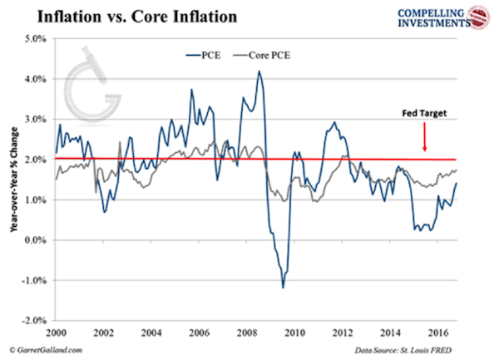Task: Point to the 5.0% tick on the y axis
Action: [x=35, y=38]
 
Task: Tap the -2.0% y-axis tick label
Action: [x=33, y=320]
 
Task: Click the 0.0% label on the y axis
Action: [x=35, y=239]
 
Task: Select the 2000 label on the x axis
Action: [x=56, y=333]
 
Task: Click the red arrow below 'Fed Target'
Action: [x=425, y=135]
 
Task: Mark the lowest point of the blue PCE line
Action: [x=283, y=288]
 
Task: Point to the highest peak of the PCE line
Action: [x=259, y=72]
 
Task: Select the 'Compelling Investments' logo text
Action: [x=422, y=17]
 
